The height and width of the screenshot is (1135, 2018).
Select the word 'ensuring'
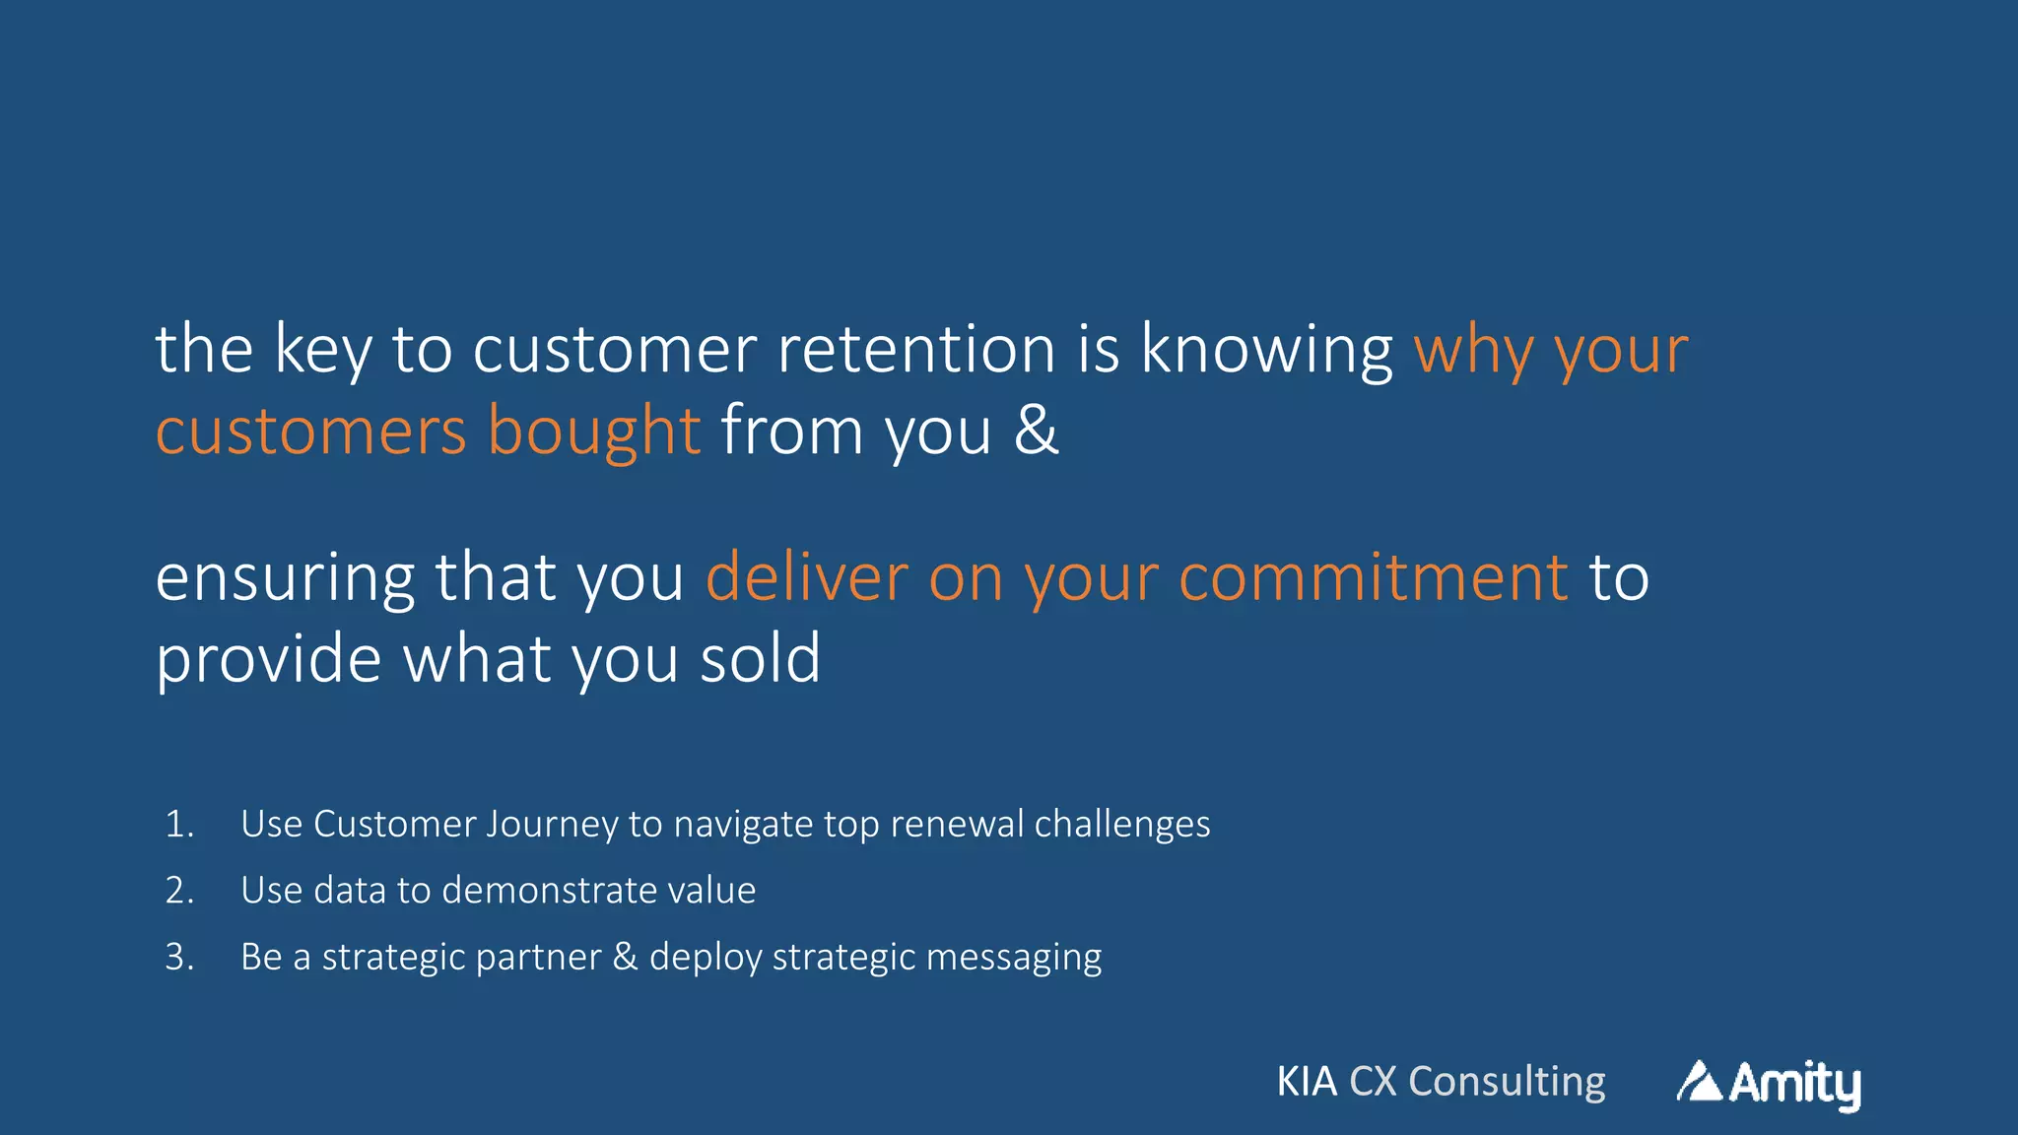pyautogui.click(x=285, y=579)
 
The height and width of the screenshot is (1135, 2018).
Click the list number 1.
pyautogui.click(x=179, y=824)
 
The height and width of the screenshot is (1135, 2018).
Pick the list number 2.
pyautogui.click(x=179, y=891)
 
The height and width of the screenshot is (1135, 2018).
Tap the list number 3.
pyautogui.click(x=179, y=957)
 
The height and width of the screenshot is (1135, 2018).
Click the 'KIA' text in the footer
pyautogui.click(x=1307, y=1082)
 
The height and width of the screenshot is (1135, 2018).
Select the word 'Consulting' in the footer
pyautogui.click(x=1507, y=1083)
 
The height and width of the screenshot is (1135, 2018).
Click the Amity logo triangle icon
pyautogui.click(x=1699, y=1082)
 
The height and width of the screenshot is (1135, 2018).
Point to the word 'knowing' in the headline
pyautogui.click(x=1266, y=351)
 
